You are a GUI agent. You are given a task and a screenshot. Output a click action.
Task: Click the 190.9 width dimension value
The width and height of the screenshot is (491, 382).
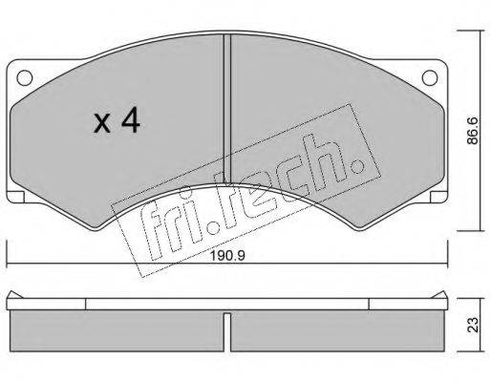coord(228,256)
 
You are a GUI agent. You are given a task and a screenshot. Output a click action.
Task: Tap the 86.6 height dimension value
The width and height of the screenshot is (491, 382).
coord(474,131)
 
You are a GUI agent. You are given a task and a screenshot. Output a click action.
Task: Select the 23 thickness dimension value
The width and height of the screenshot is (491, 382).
coord(474,325)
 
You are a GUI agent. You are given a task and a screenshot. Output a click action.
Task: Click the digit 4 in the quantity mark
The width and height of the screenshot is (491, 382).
coord(130,119)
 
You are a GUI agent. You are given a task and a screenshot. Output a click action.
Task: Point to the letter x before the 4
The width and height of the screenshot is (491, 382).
coord(102,124)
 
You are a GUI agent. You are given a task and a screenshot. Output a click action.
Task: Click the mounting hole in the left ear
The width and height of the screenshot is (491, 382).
coord(25,77)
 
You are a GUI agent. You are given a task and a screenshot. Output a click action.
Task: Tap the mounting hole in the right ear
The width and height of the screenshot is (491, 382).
coord(430,77)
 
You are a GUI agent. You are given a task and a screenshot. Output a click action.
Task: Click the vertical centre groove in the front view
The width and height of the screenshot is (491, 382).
coord(227,108)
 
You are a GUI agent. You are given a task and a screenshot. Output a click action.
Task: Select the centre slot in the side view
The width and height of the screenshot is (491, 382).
coord(227,332)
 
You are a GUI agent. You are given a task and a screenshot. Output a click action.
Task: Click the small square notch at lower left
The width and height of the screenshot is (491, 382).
coord(16,197)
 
